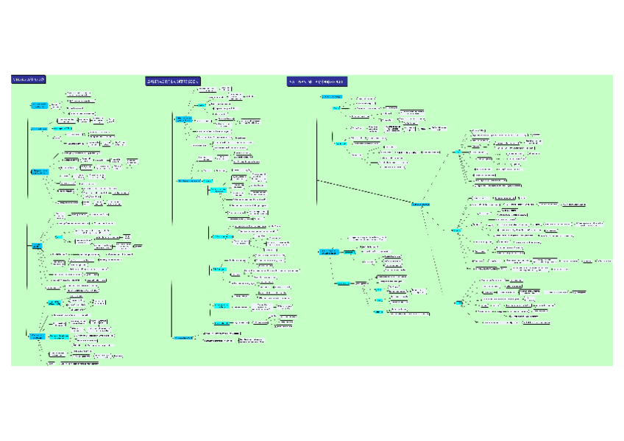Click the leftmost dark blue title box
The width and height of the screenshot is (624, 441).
pos(29,80)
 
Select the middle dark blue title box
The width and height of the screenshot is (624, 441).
pos(173,81)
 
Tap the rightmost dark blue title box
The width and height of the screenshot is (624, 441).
pos(317,81)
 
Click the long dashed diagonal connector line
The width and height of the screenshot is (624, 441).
pos(364,191)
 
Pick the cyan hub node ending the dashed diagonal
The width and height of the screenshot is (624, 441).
pos(420,203)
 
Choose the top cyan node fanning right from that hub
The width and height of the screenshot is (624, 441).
pos(458,152)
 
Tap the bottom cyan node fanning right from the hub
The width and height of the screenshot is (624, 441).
pos(459,303)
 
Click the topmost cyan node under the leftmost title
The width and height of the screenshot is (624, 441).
pos(39,105)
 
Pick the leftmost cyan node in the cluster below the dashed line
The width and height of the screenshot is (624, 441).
pos(328,253)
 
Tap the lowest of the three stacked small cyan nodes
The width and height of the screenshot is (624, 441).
pos(378,311)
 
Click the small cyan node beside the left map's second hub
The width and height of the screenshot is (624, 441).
pos(58,237)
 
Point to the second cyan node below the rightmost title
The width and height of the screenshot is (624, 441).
pos(336,107)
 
